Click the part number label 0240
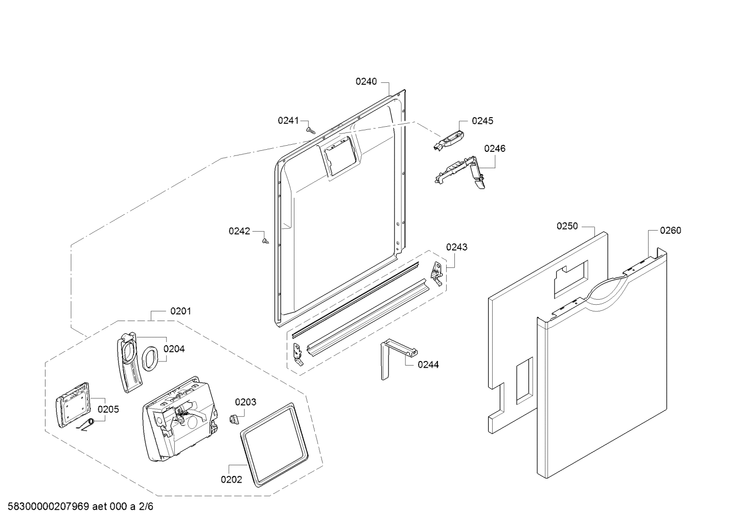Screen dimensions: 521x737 pyautogui.click(x=366, y=81)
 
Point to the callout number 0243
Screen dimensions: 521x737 pyautogui.click(x=456, y=247)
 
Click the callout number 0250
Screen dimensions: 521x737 pyautogui.click(x=567, y=226)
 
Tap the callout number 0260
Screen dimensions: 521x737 pyautogui.click(x=670, y=231)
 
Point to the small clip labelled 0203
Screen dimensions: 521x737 pyautogui.click(x=234, y=419)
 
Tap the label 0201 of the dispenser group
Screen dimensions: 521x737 pyautogui.click(x=180, y=311)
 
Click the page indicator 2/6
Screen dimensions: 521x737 pyautogui.click(x=147, y=507)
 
